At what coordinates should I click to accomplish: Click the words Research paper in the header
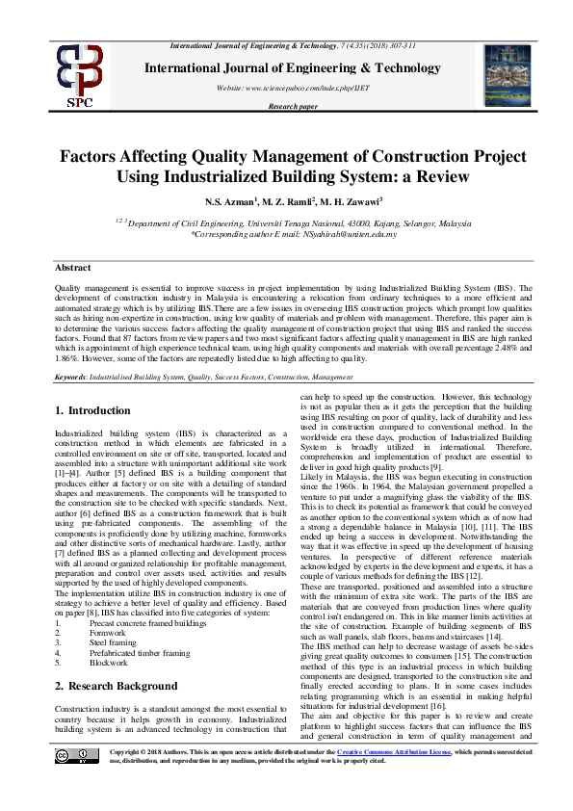pos(292,105)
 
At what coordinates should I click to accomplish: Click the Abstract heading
pos(72,268)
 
